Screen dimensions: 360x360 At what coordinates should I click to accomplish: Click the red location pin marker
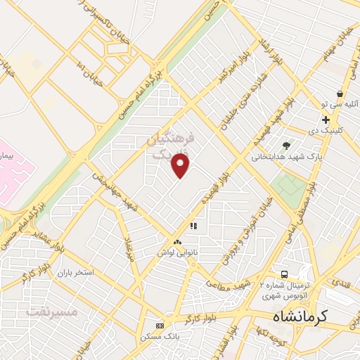[x=181, y=165]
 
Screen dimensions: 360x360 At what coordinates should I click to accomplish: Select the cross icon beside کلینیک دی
[x=326, y=120]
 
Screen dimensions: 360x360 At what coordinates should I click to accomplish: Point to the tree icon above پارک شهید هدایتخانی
[x=285, y=146]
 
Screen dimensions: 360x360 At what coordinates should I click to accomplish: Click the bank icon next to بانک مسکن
[x=160, y=326]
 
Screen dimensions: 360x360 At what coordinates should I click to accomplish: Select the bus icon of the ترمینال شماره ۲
[x=283, y=274]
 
